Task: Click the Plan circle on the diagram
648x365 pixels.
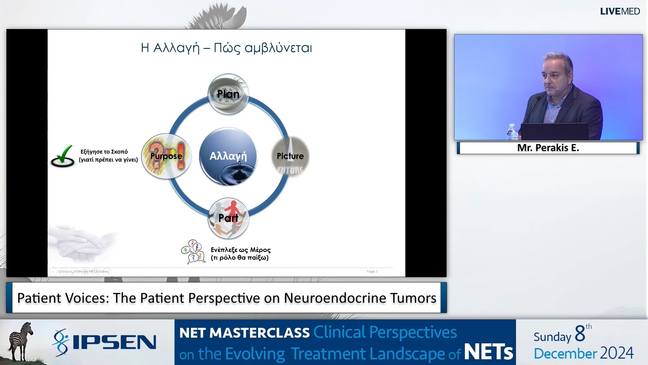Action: coord(228,94)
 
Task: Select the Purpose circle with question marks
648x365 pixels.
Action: coord(166,156)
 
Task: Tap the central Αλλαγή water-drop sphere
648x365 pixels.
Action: coord(228,156)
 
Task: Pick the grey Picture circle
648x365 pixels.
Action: coord(290,156)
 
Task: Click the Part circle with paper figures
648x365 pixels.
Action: coord(228,218)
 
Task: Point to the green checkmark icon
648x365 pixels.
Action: coord(63,156)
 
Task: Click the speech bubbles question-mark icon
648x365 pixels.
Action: coord(193,252)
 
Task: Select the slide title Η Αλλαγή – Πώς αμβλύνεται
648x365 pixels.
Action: coord(226,48)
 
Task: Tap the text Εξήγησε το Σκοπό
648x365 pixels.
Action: coord(104,152)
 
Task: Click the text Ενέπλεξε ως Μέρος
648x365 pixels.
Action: coord(240,250)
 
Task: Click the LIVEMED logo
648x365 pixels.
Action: coord(620,11)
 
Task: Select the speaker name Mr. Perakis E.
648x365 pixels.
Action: coord(548,148)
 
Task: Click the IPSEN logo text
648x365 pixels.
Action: coord(114,342)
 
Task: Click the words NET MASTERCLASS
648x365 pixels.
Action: coord(244,333)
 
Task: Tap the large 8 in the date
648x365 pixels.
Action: coord(580,334)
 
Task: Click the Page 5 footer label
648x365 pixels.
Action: coord(372,271)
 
